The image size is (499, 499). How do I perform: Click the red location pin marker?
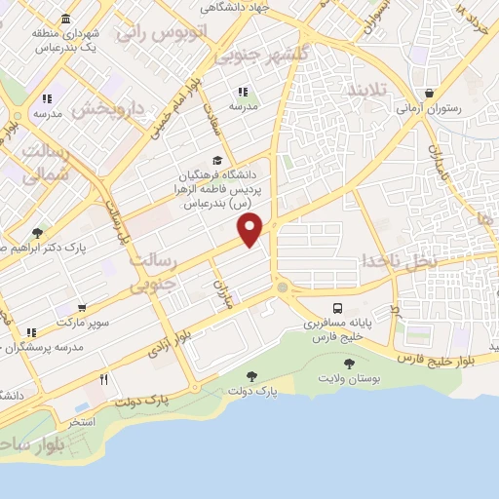(x=250, y=230)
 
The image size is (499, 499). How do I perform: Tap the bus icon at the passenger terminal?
(x=337, y=305)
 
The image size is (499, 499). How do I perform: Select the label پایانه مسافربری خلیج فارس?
(x=336, y=327)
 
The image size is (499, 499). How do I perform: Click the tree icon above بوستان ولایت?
(x=349, y=363)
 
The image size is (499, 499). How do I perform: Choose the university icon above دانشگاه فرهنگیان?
(x=216, y=162)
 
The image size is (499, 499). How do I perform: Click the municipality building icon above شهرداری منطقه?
(x=65, y=19)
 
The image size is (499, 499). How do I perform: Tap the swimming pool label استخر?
(x=81, y=421)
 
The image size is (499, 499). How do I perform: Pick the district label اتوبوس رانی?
(x=160, y=33)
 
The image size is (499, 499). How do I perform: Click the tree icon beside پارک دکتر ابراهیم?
(x=38, y=232)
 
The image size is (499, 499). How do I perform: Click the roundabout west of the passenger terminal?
(x=284, y=288)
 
